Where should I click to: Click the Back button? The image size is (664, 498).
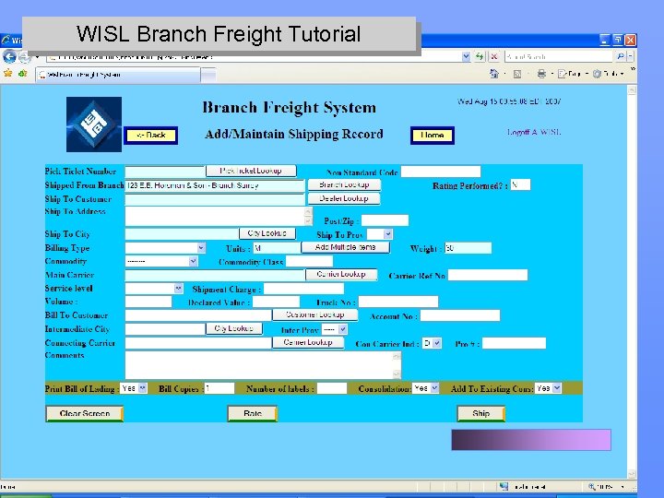(150, 136)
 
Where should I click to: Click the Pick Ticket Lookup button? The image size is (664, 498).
(257, 171)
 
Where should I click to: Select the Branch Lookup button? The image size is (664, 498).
(344, 184)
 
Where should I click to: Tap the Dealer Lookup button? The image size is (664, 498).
(344, 198)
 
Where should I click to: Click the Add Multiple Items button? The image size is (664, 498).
(345, 247)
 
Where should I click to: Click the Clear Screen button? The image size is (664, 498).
(84, 413)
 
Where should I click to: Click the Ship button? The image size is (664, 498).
(480, 413)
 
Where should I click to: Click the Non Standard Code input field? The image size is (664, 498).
(440, 172)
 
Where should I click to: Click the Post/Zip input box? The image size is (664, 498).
(384, 220)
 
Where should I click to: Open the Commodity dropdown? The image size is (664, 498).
(161, 261)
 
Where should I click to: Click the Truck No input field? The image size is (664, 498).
(397, 302)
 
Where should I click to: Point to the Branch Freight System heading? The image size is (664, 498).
(289, 108)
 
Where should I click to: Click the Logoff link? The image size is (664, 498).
(534, 133)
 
